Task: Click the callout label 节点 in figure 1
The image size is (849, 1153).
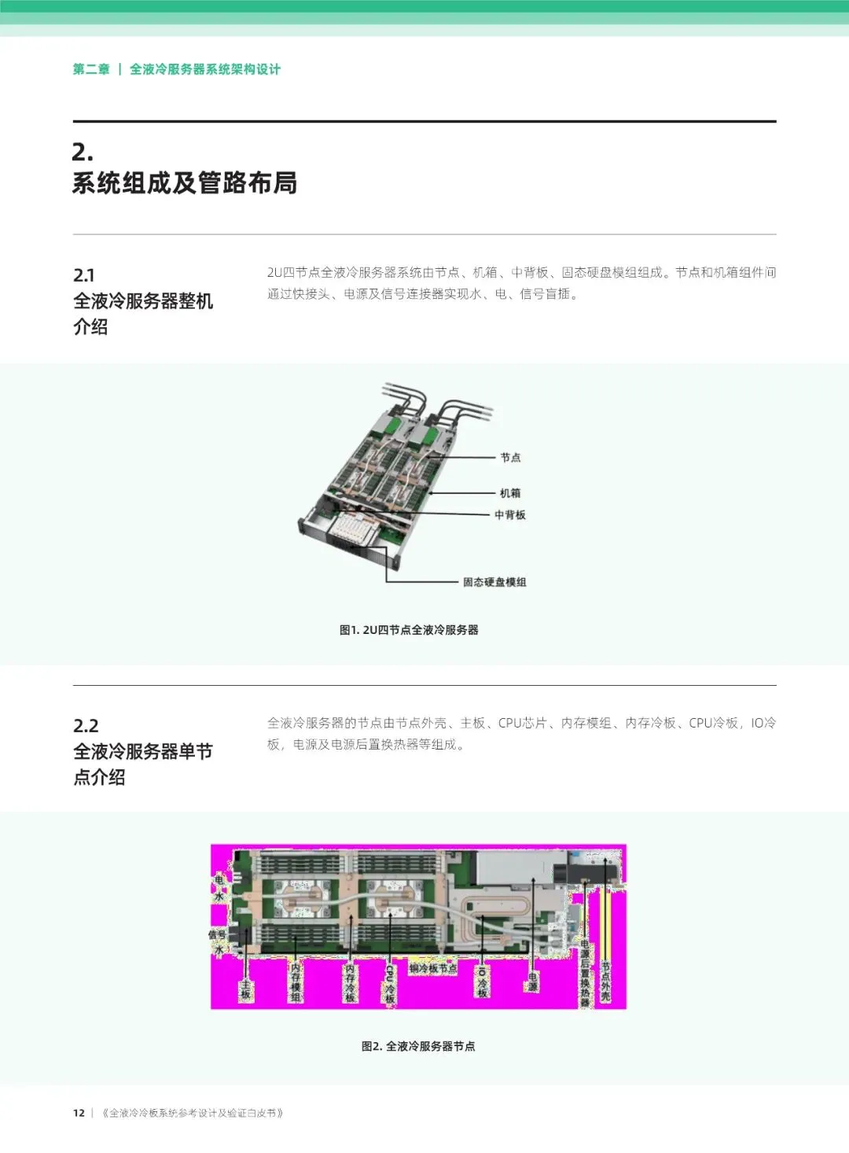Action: coord(510,457)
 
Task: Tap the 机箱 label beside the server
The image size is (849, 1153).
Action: coord(510,493)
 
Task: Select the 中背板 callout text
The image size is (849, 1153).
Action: coord(509,515)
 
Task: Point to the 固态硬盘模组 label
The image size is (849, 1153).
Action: coord(494,582)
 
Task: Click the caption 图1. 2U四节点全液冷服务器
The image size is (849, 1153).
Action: coord(409,630)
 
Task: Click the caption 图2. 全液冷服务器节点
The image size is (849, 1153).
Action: coord(418,1046)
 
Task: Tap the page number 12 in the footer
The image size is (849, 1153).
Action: coord(79,1113)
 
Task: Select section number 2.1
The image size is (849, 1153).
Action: coord(84,275)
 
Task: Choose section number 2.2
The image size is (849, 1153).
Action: coord(86,725)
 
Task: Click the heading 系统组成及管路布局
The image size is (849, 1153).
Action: coord(185,183)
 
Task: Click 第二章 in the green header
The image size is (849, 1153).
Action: coord(91,69)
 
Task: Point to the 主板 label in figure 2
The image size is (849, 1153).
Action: coord(246,989)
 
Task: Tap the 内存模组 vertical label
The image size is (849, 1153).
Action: coord(296,982)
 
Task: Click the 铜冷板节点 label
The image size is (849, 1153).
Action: coord(432,968)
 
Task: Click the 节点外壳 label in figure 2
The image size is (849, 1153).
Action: coord(605,981)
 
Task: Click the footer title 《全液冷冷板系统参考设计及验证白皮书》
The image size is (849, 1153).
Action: coord(193,1113)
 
